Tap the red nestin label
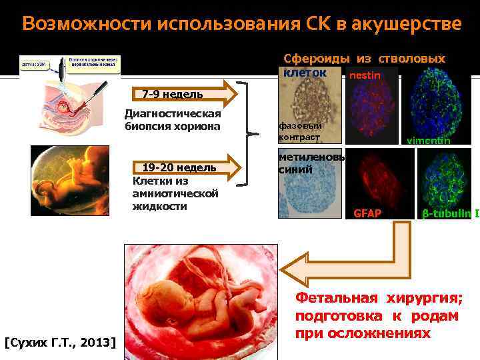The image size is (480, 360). [x=365, y=75]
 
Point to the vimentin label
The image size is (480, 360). [x=428, y=141]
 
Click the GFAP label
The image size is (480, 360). [x=367, y=214]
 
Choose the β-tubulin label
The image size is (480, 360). [x=446, y=214]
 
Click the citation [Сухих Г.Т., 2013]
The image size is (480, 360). [x=60, y=343]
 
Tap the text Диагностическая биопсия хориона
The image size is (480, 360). [x=173, y=120]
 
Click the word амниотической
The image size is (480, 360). [x=176, y=193]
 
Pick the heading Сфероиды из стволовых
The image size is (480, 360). [x=364, y=59]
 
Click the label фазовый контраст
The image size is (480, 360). [x=300, y=131]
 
